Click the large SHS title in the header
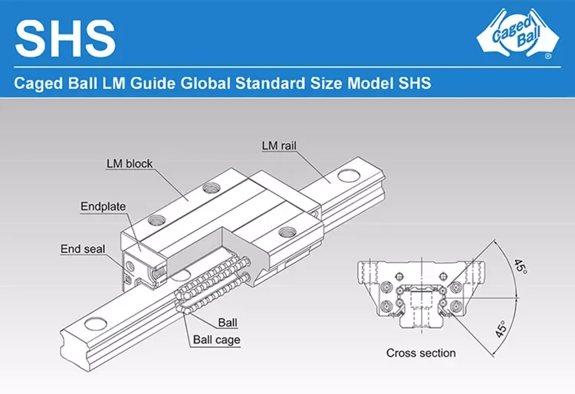65,37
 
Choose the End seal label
83,248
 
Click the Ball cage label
216,340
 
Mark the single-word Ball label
228,322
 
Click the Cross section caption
420,353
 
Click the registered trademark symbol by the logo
547,57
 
